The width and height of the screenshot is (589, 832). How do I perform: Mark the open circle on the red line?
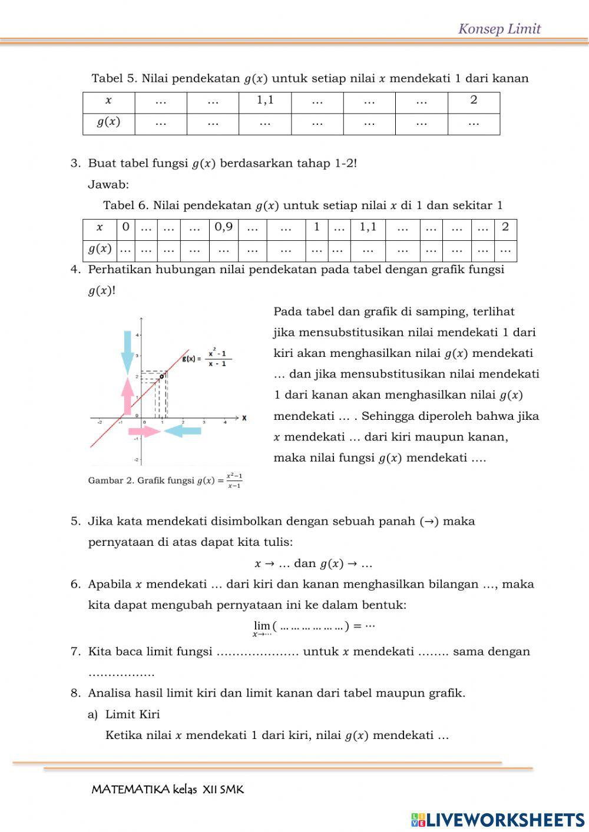pyautogui.click(x=162, y=376)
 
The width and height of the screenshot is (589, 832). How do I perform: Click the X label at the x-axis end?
pyautogui.click(x=244, y=418)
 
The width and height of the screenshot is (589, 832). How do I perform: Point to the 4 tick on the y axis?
pyautogui.click(x=138, y=335)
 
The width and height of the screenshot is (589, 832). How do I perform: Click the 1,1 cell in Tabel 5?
pyautogui.click(x=265, y=100)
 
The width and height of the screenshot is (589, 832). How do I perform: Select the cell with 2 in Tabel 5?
pyautogui.click(x=474, y=100)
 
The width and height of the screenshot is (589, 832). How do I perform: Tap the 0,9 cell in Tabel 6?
pyautogui.click(x=224, y=227)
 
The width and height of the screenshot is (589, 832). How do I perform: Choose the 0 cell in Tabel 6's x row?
pyautogui.click(x=125, y=227)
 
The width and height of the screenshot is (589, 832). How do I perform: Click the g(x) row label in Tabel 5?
pyautogui.click(x=108, y=122)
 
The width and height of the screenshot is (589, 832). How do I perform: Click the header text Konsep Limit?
pyautogui.click(x=499, y=29)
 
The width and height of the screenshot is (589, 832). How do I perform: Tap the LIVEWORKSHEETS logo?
pyautogui.click(x=498, y=819)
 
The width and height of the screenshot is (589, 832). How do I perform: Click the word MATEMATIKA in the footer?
pyautogui.click(x=130, y=790)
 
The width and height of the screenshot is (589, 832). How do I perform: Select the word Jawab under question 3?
pyautogui.click(x=108, y=185)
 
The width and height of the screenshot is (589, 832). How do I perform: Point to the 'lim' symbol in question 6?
pyautogui.click(x=262, y=625)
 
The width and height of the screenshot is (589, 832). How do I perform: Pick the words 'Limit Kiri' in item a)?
pyautogui.click(x=133, y=714)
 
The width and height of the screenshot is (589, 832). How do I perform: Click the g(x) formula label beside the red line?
pyautogui.click(x=207, y=358)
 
